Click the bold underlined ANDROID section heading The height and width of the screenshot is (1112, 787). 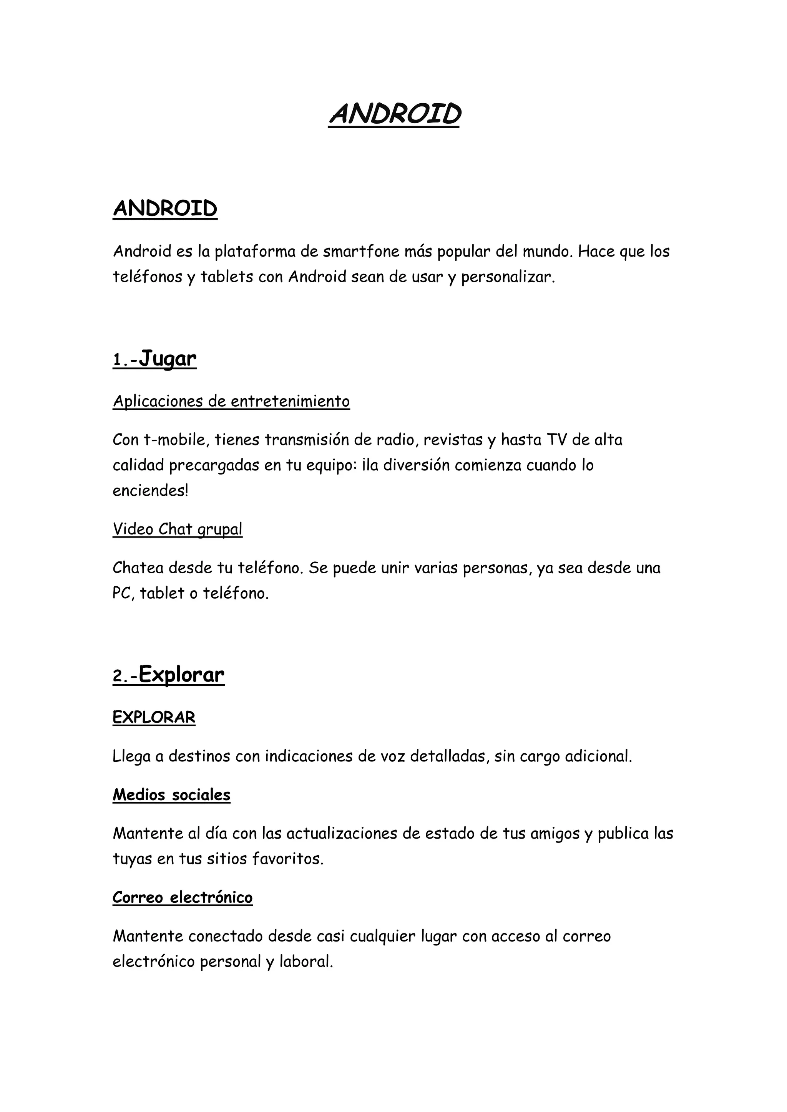click(x=165, y=209)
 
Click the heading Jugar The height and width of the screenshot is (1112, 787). click(x=167, y=359)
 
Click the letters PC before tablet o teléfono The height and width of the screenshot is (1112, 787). click(x=122, y=593)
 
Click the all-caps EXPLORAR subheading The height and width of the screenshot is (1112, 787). click(x=154, y=717)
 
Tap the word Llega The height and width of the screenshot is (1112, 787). click(x=132, y=756)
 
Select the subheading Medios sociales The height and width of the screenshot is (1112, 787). click(x=171, y=795)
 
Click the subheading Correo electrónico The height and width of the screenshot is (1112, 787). click(x=182, y=897)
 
